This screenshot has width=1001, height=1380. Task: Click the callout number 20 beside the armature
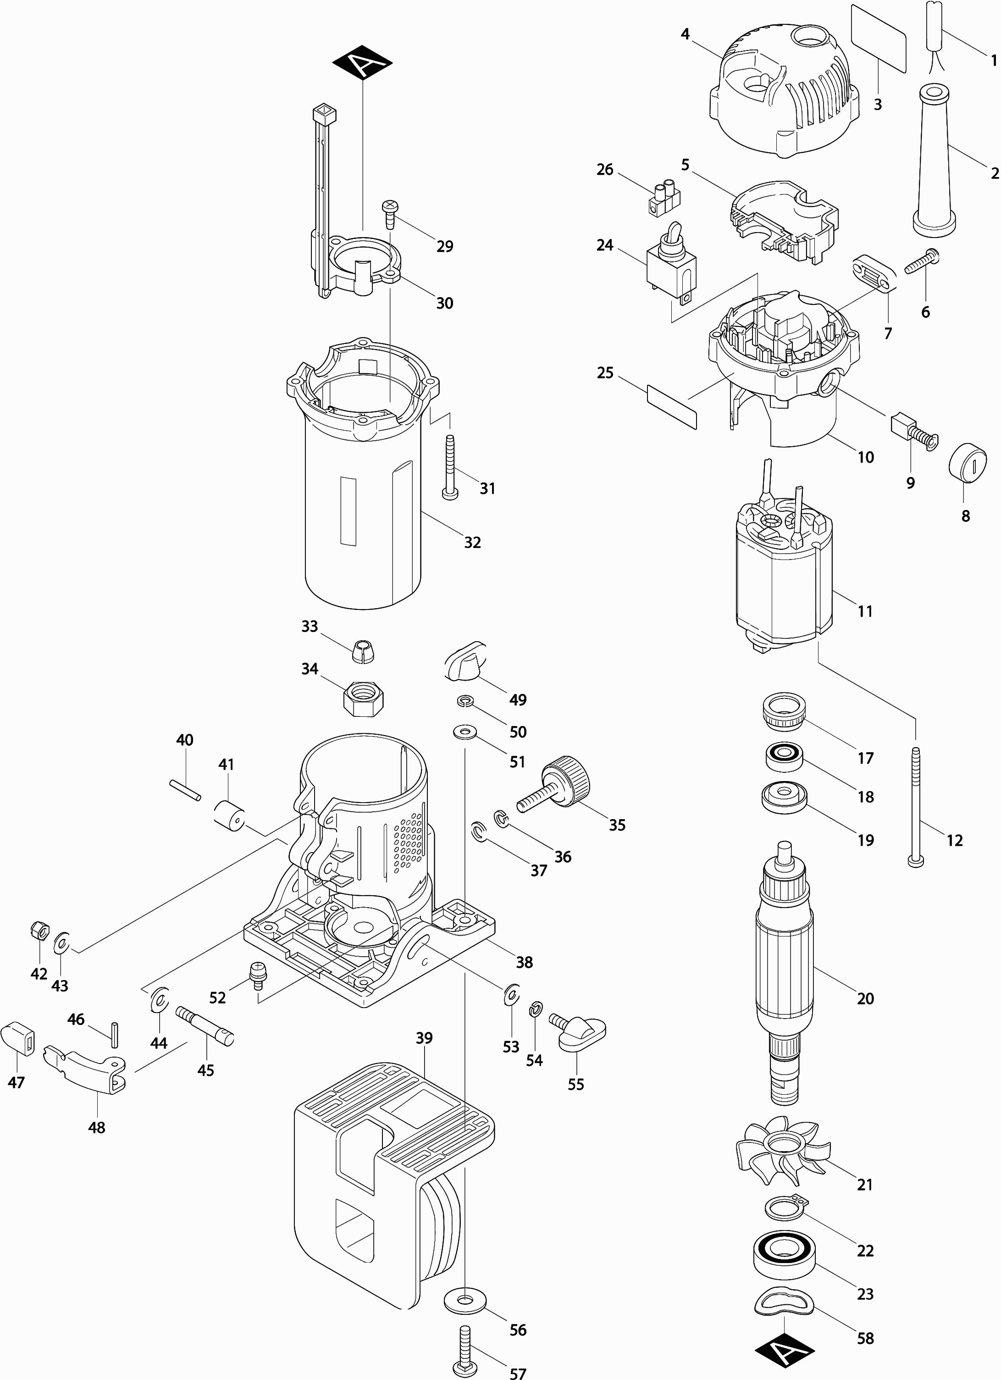(x=865, y=998)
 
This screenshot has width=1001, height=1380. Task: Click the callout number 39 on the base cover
(x=424, y=1038)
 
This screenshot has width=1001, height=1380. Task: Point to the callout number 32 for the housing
(x=472, y=542)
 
